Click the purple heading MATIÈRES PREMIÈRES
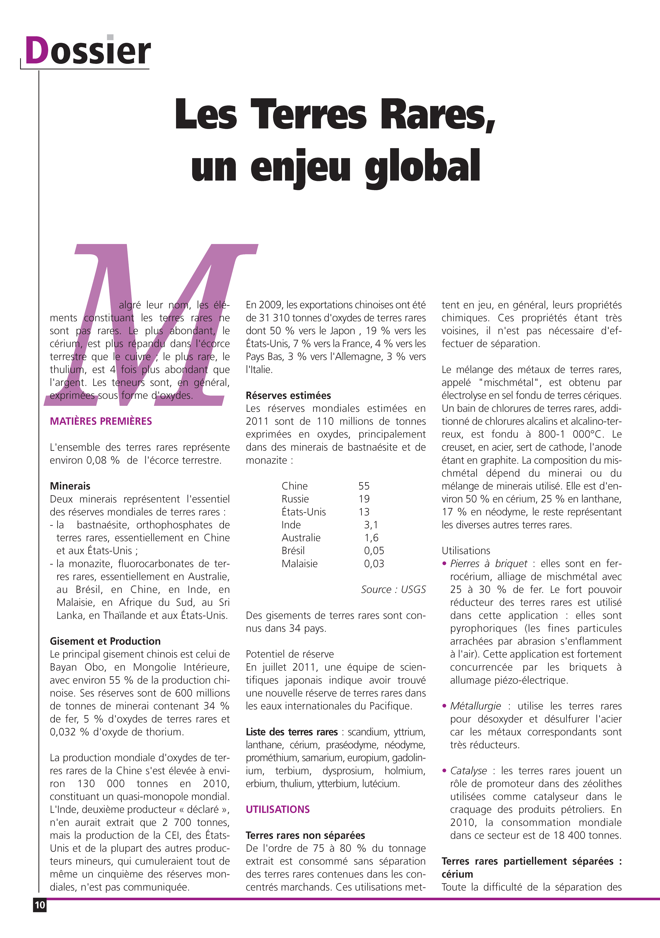point(101,421)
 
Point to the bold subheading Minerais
point(70,486)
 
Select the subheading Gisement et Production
point(105,641)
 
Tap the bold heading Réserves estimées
point(288,395)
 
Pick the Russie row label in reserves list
point(295,499)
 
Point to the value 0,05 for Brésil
point(374,551)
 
